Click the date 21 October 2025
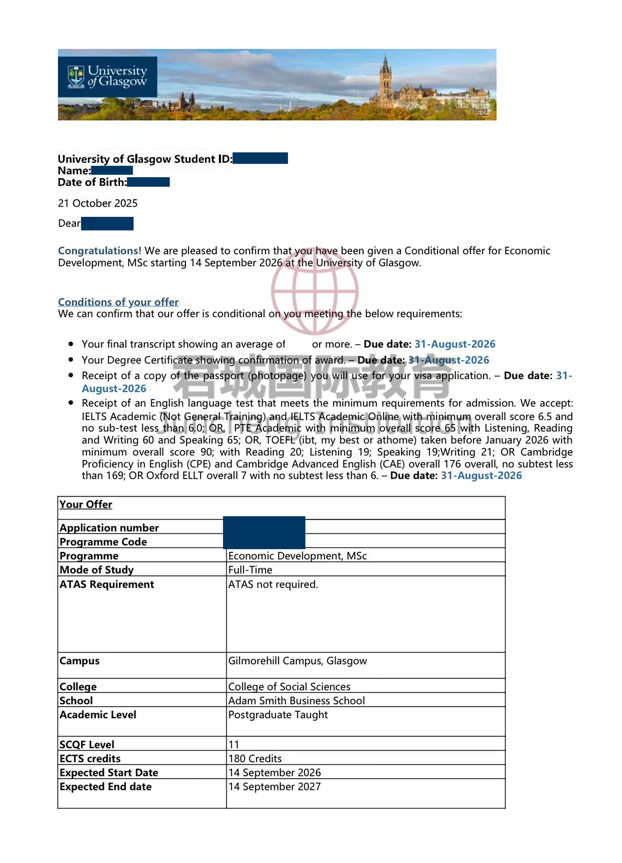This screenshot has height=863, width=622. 97,203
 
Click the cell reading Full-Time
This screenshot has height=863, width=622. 250,570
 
